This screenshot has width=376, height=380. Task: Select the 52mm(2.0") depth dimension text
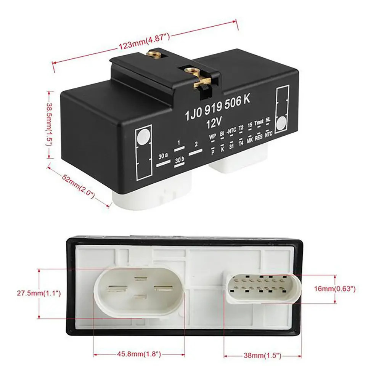tap(78, 186)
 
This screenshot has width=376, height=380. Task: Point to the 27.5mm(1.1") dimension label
tap(39, 293)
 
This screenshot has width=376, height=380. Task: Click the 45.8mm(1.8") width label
tap(139, 354)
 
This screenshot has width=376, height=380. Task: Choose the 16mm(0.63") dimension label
tap(335, 289)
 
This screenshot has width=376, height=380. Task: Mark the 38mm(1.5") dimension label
tap(262, 356)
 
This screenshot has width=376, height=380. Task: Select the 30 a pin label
tap(163, 156)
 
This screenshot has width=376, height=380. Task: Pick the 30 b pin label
tap(179, 160)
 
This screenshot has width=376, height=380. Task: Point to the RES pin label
tap(259, 137)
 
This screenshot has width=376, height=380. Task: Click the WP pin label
tap(212, 137)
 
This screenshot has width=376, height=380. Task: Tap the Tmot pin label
tap(259, 122)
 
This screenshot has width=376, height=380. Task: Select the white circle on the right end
tap(281, 123)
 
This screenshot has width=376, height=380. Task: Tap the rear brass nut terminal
tap(153, 54)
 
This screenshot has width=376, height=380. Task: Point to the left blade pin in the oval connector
tap(118, 288)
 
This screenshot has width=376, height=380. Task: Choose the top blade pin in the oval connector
tap(141, 279)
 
